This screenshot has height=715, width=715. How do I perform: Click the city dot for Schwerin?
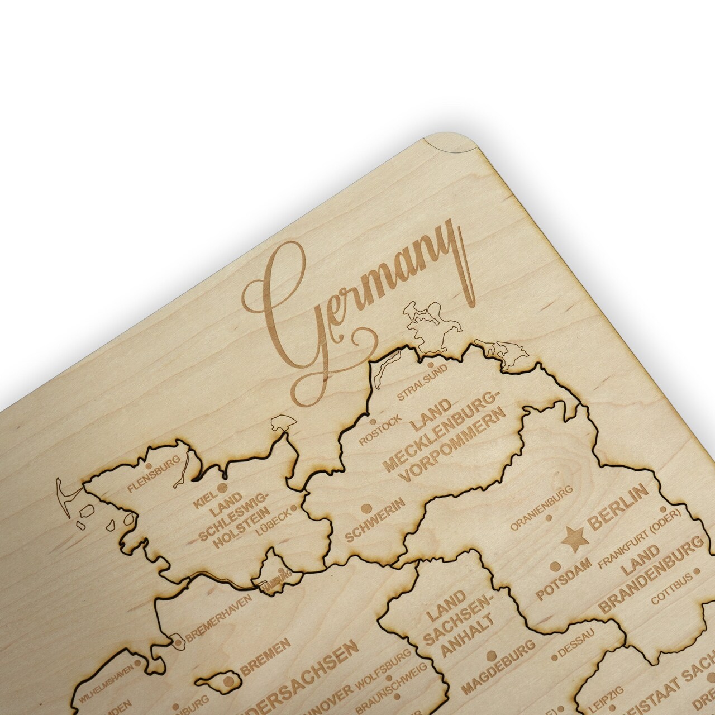(366, 508)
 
